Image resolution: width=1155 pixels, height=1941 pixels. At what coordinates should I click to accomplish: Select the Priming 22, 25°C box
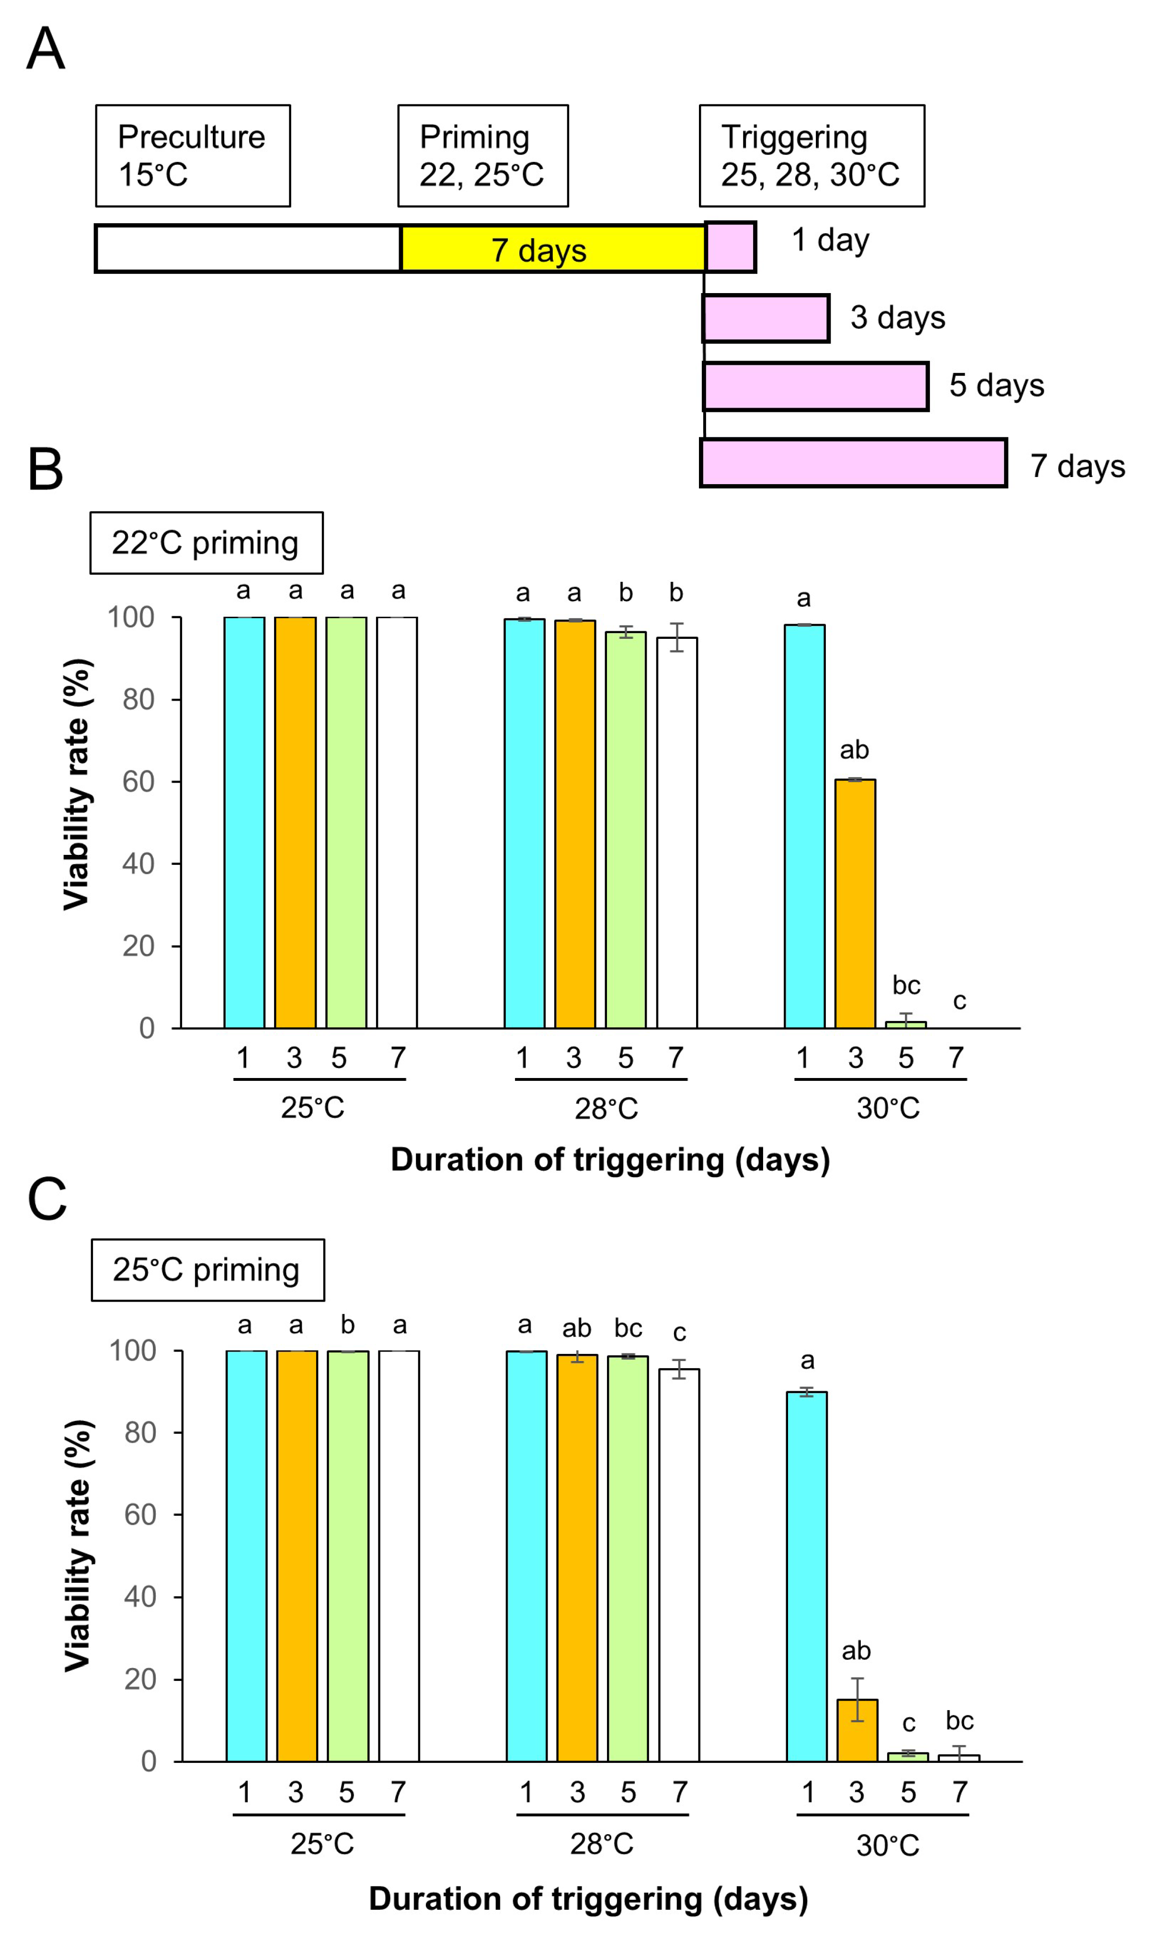click(x=482, y=156)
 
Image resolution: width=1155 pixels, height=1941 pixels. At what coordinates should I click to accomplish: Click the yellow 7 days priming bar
click(x=553, y=249)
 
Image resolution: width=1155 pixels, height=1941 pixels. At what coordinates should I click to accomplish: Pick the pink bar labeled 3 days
click(x=765, y=318)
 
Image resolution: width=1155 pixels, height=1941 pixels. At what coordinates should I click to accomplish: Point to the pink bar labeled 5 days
click(x=815, y=386)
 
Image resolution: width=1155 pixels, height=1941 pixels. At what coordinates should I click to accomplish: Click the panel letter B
click(x=45, y=470)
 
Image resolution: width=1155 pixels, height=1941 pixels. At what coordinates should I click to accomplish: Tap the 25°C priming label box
click(x=208, y=1270)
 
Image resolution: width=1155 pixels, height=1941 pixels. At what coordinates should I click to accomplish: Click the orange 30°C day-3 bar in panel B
click(x=855, y=902)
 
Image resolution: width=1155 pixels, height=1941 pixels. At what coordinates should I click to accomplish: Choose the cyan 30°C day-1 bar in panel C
click(x=806, y=1576)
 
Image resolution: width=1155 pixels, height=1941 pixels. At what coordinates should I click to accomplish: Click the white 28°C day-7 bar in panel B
click(x=676, y=832)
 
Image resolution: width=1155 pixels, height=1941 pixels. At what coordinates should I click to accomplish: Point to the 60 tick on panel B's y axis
click(x=138, y=782)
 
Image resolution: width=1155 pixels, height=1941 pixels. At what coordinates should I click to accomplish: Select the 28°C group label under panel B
click(x=606, y=1108)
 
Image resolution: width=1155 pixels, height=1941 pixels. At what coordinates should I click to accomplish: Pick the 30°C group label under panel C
click(x=887, y=1845)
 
